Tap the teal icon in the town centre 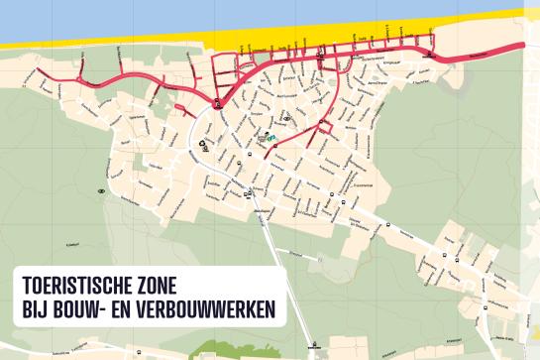(270, 138)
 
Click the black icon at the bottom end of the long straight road (313, 346)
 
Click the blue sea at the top (198, 15)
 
